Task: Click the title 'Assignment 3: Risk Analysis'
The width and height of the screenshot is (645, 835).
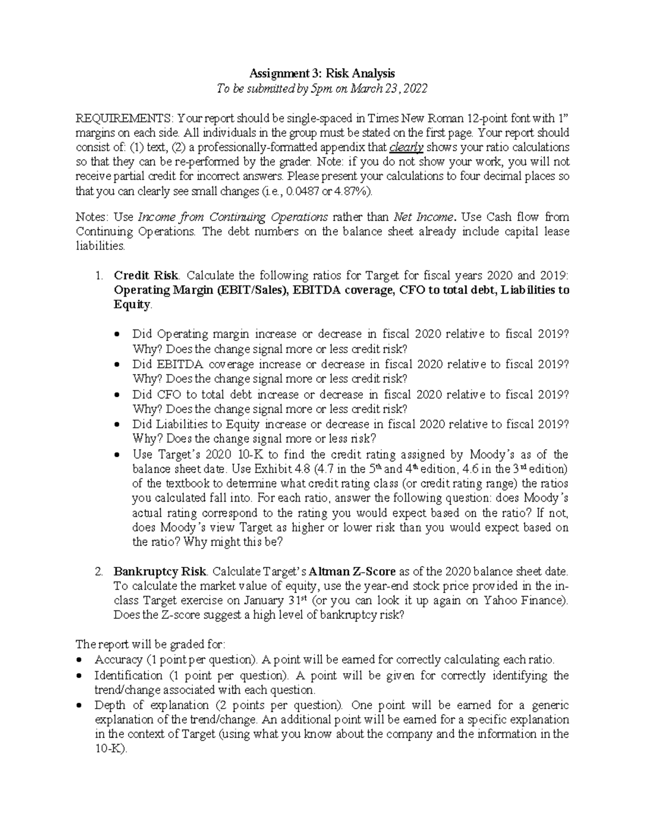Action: (x=322, y=73)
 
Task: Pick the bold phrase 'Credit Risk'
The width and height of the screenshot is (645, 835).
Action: (x=145, y=276)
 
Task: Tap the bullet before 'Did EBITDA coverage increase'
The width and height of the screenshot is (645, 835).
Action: (x=118, y=365)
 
